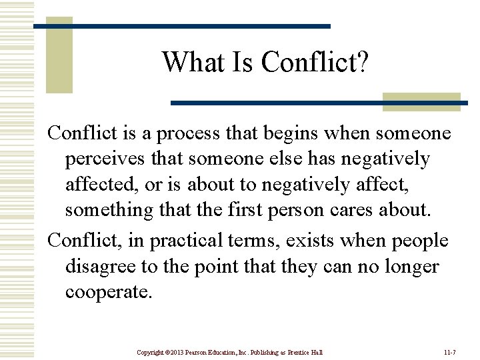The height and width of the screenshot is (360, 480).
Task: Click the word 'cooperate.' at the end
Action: point(109,292)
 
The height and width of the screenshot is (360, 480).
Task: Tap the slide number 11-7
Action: point(450,352)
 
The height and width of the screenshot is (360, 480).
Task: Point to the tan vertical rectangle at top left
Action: point(59,57)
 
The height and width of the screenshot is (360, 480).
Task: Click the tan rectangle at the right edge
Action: point(421,101)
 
